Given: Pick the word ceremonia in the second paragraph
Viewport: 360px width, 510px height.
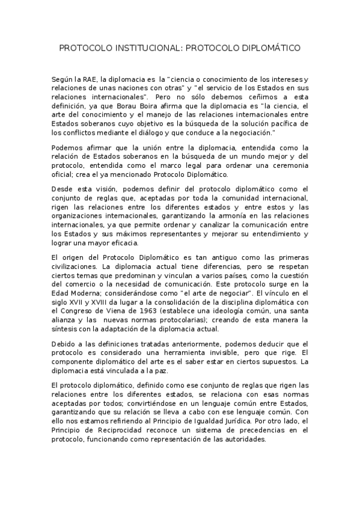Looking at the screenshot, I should (287, 165).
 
